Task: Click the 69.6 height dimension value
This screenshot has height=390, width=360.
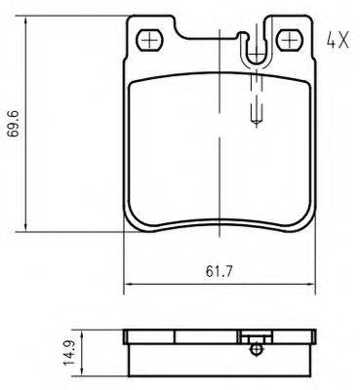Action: point(14,126)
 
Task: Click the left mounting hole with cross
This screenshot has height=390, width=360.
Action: point(150,39)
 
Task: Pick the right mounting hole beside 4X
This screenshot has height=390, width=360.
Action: point(290,39)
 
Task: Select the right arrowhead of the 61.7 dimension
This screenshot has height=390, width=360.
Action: point(312,287)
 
